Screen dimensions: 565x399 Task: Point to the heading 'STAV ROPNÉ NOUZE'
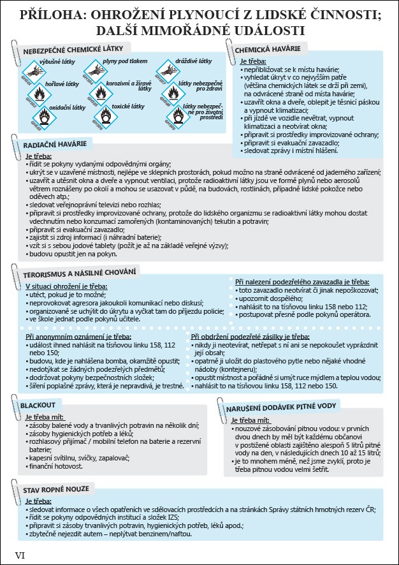[x=57, y=490]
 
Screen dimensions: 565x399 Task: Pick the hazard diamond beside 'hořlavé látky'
[x=40, y=94]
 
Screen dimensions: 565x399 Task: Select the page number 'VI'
[x=20, y=555]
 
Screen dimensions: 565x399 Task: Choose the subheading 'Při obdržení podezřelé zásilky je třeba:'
[x=250, y=336]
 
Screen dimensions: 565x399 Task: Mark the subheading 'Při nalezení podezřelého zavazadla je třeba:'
[x=301, y=281]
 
